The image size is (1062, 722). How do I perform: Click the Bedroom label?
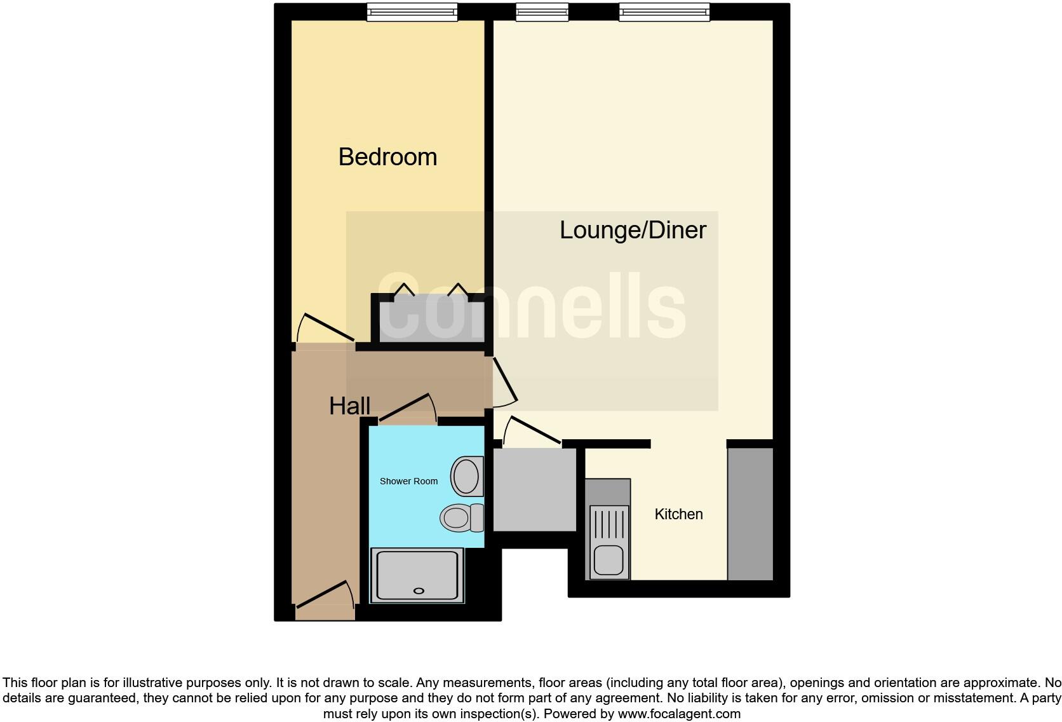tap(387, 157)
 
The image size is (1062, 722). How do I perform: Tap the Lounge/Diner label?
tap(633, 230)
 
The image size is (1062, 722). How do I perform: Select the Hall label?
tap(349, 406)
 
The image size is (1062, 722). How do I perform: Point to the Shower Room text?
tap(408, 481)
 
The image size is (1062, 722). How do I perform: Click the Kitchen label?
tap(678, 514)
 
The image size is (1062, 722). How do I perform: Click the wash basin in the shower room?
tap(467, 476)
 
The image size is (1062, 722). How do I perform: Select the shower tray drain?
tap(419, 591)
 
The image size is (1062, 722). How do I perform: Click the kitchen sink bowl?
tap(608, 560)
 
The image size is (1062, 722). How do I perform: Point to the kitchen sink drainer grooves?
tap(609, 524)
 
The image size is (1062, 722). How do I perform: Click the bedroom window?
tap(412, 12)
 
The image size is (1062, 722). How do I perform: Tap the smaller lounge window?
tap(542, 12)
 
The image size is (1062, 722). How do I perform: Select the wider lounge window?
tap(664, 12)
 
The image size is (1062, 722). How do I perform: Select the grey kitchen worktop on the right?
tap(750, 514)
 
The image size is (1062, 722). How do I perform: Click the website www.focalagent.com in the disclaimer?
tap(679, 714)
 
